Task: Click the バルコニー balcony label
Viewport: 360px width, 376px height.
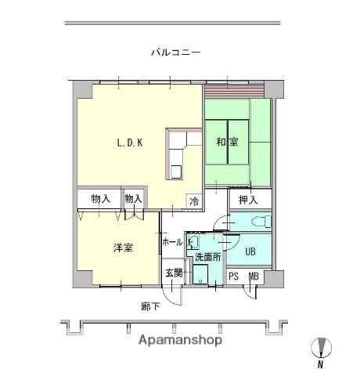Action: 176,52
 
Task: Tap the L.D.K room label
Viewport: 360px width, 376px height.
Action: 128,143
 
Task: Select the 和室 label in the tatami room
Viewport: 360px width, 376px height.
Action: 229,143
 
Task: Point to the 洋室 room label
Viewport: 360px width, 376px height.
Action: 122,248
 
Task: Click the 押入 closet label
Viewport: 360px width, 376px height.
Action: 248,200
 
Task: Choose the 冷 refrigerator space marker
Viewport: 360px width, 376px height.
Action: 194,201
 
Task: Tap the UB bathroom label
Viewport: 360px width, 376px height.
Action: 250,251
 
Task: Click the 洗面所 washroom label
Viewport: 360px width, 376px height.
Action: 208,255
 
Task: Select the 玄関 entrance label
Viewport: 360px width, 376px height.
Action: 174,273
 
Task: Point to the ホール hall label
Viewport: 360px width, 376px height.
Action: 171,243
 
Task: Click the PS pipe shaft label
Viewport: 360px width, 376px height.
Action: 233,276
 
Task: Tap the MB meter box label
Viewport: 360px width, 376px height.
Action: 254,276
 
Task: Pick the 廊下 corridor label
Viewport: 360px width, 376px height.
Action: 150,305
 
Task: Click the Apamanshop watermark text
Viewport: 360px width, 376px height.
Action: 180,341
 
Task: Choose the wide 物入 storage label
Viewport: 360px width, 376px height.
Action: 99,198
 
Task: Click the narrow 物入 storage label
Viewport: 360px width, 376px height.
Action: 133,198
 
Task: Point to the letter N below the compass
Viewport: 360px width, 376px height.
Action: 321,364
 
